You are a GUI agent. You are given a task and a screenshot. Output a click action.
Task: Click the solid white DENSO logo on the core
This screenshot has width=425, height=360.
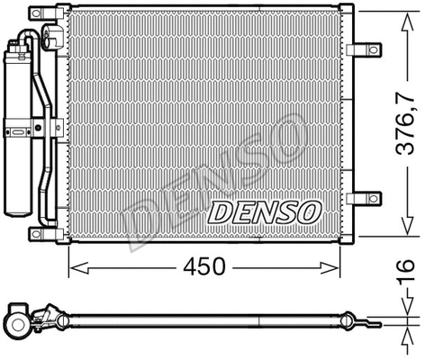click(265, 212)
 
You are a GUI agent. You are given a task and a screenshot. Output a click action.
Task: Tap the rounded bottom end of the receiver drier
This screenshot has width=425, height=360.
click(20, 212)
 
